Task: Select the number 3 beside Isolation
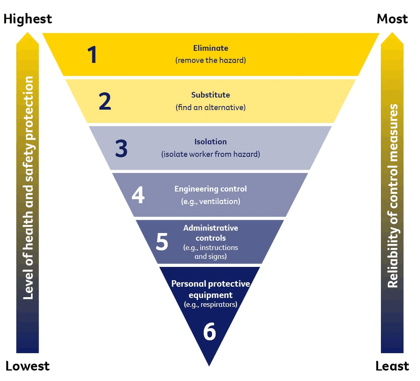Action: coord(121,148)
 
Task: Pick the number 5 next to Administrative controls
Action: coord(162,242)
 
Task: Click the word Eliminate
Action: coord(210,48)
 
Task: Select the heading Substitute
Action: coord(210,95)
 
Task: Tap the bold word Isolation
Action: coord(210,142)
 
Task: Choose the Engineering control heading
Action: coord(210,189)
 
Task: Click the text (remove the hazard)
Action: coord(210,60)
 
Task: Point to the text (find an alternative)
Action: coord(210,108)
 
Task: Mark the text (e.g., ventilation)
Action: coord(210,201)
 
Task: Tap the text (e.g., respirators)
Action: coord(210,304)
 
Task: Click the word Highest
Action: coord(28,19)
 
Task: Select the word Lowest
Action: coord(27,366)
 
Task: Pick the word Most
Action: coord(392,19)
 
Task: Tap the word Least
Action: coord(392,366)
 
